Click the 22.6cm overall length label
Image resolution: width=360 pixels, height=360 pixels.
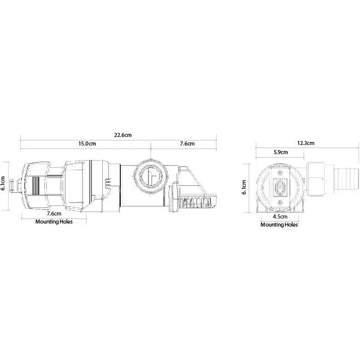click(x=123, y=135)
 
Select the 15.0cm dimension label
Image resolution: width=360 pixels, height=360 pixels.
click(x=87, y=143)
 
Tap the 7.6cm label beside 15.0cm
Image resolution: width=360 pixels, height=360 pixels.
click(x=187, y=143)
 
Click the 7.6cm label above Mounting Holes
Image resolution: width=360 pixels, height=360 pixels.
click(x=54, y=213)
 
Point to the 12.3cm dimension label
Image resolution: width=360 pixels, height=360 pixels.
click(x=306, y=143)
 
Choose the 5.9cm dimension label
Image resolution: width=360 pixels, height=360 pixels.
click(x=280, y=152)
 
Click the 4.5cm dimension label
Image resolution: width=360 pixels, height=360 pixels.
click(x=280, y=217)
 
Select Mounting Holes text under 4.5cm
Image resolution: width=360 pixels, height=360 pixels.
click(x=279, y=225)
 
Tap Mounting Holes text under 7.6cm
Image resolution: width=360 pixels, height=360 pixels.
click(x=54, y=222)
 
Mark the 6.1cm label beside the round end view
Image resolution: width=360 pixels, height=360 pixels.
click(x=244, y=187)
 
